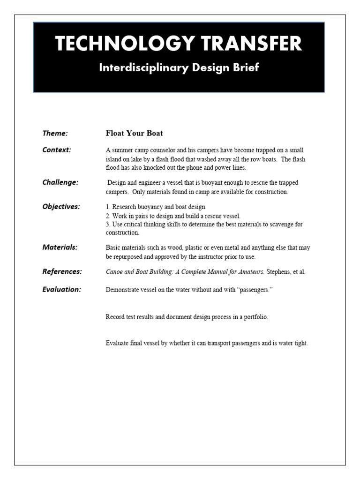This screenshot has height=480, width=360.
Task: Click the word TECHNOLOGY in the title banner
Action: pos(117,44)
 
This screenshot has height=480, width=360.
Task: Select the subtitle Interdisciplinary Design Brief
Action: pos(179,67)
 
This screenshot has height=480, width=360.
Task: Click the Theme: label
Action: pos(55,133)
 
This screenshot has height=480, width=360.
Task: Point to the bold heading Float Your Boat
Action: pos(134,133)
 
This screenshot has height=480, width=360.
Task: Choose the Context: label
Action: pos(57,150)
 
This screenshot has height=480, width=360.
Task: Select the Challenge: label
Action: pos(60,182)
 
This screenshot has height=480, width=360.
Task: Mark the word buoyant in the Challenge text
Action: pos(215,183)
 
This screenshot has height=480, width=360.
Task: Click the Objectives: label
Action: pos(61,207)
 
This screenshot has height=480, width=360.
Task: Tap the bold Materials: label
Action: pos(60,247)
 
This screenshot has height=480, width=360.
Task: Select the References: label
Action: pos(62,271)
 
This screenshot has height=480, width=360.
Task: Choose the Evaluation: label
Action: pos(62,289)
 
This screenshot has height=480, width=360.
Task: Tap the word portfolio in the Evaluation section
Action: pos(254,317)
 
